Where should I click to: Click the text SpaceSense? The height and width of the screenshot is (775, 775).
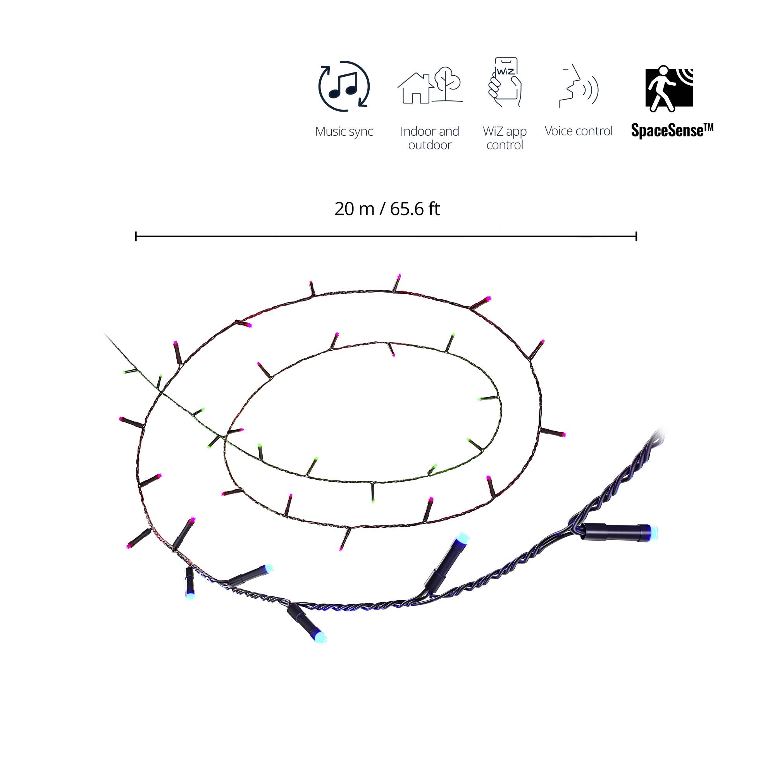pyautogui.click(x=672, y=130)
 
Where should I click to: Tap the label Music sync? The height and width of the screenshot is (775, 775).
pyautogui.click(x=344, y=131)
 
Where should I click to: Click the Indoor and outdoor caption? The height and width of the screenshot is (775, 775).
pyautogui.click(x=430, y=138)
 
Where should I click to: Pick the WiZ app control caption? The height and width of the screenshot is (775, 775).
pyautogui.click(x=505, y=138)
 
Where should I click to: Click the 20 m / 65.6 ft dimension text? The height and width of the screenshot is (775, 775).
pyautogui.click(x=387, y=209)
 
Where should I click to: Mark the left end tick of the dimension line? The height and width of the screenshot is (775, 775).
pyautogui.click(x=136, y=236)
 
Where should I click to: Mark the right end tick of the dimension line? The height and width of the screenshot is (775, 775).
pyautogui.click(x=636, y=236)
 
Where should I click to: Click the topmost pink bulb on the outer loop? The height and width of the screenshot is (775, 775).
pyautogui.click(x=399, y=276)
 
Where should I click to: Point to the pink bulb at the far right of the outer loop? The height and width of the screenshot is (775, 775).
pyautogui.click(x=562, y=434)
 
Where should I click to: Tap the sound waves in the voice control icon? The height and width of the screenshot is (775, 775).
pyautogui.click(x=591, y=89)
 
